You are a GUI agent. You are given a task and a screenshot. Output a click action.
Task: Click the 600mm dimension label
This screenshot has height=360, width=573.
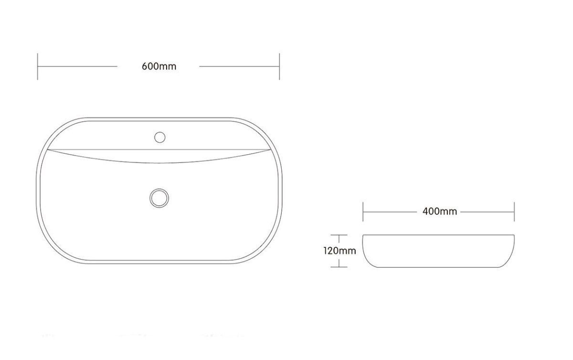(159, 66)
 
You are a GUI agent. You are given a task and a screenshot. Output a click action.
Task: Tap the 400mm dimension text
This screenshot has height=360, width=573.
(440, 212)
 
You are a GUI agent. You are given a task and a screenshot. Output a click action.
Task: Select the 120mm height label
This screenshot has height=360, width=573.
(340, 251)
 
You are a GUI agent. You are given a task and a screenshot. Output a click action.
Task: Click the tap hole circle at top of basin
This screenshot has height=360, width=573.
(159, 137)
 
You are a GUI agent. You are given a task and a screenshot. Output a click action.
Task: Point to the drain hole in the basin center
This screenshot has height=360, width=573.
(159, 198)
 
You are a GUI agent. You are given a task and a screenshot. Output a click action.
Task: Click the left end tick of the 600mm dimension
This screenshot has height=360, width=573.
(38, 66)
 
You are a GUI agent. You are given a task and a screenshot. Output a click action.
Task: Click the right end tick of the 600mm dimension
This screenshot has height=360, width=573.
(279, 66)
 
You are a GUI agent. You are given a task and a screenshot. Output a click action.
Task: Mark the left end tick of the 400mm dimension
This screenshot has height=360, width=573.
(363, 212)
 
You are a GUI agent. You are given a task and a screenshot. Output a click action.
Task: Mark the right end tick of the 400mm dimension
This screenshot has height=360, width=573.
(514, 212)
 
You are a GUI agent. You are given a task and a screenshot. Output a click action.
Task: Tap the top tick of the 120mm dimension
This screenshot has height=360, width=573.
(339, 235)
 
